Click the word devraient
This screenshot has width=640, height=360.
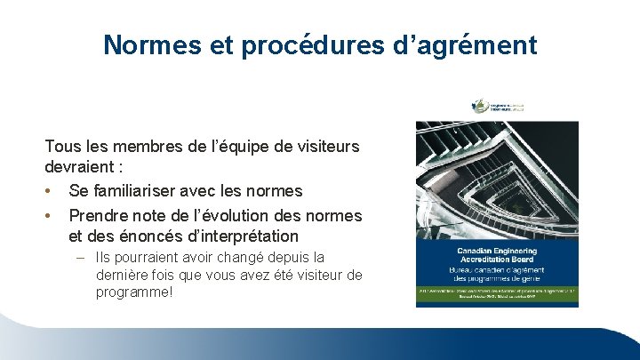pos(79,166)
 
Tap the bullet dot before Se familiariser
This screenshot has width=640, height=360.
pos(51,190)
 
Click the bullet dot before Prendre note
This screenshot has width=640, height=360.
pos(51,215)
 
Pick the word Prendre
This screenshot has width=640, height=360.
pos(100,215)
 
